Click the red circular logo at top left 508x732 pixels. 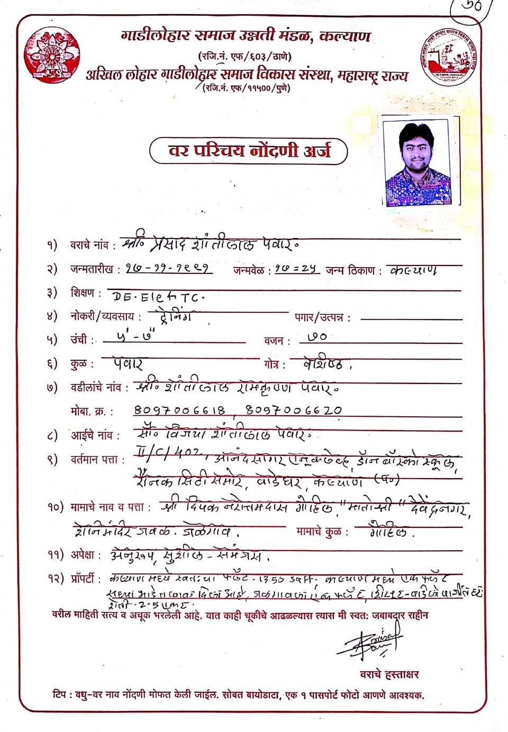52,56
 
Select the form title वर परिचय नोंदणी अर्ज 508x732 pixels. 249,151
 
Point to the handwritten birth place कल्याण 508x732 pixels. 413,270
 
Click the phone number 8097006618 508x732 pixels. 180,410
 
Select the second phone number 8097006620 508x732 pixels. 294,410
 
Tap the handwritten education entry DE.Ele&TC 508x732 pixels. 156,297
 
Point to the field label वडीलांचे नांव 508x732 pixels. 99,388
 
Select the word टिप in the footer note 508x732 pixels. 60,694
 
